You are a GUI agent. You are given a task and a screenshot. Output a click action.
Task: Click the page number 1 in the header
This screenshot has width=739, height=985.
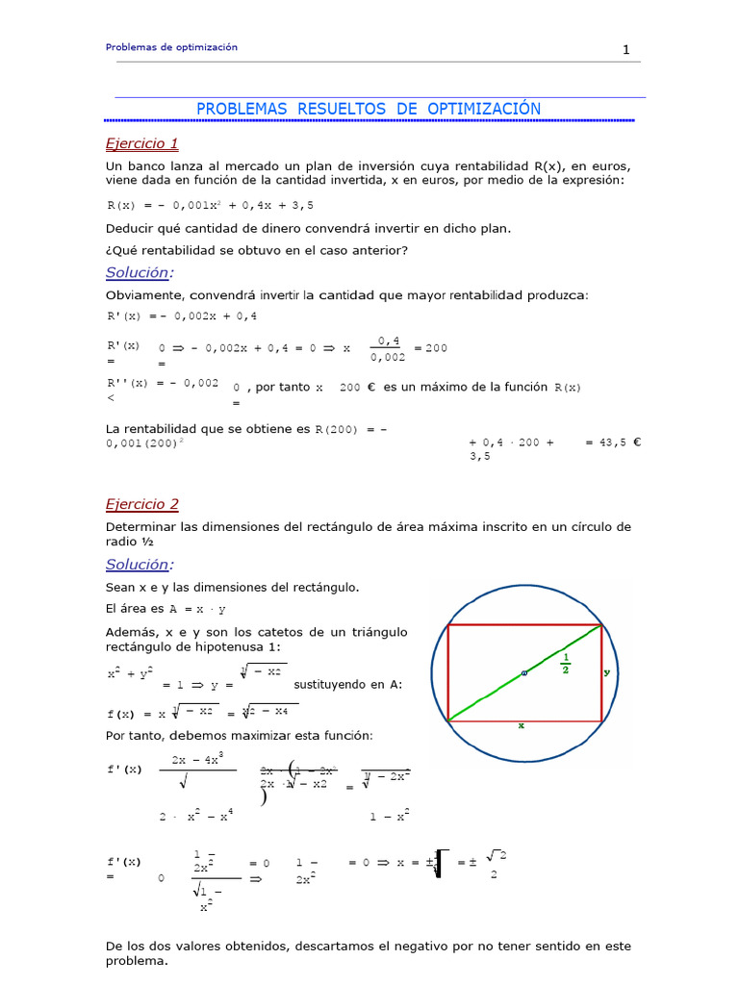click(625, 51)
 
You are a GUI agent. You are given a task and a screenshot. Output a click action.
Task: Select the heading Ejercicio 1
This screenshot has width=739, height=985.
click(142, 143)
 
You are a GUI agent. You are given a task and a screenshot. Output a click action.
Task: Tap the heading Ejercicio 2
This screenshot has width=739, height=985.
click(142, 504)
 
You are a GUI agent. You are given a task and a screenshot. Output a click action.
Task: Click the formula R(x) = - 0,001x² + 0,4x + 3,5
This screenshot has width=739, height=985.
click(209, 205)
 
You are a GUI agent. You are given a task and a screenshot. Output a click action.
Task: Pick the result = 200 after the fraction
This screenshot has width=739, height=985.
click(430, 348)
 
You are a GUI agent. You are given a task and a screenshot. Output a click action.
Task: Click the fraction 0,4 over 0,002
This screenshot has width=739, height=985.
click(388, 348)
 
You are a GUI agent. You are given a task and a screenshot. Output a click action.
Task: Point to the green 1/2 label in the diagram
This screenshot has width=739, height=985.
click(565, 664)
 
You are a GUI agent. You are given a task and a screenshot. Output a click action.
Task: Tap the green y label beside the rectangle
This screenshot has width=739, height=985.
click(607, 672)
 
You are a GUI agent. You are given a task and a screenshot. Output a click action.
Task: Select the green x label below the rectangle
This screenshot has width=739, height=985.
click(521, 727)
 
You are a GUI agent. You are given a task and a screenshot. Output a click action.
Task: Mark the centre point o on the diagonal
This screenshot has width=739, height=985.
click(524, 673)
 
